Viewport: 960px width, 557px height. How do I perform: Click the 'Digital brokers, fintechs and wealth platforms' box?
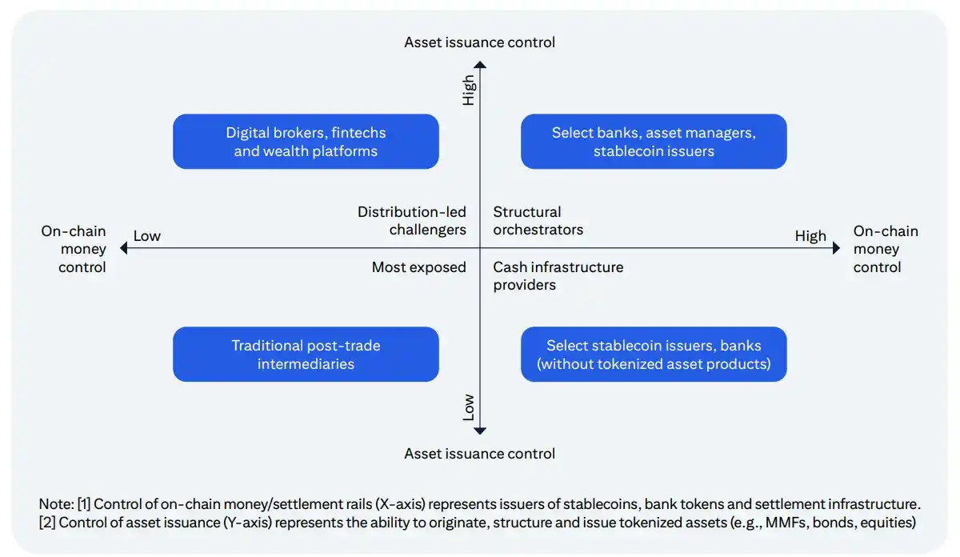click(x=306, y=142)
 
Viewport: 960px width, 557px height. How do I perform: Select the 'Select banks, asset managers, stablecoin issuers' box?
click(x=654, y=142)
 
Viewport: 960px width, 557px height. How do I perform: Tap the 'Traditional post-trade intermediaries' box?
click(x=306, y=355)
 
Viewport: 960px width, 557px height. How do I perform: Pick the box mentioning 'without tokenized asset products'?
click(x=654, y=355)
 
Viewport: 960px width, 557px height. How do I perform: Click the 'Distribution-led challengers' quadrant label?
click(x=412, y=221)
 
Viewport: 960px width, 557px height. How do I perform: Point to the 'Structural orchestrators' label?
click(x=538, y=221)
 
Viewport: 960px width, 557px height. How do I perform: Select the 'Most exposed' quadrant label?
click(x=418, y=267)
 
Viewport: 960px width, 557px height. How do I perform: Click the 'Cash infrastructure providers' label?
click(x=558, y=276)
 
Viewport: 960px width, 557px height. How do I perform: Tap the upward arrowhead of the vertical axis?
click(x=480, y=65)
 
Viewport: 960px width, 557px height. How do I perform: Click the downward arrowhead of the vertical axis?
click(x=480, y=431)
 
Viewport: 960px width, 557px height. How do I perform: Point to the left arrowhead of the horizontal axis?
click(x=124, y=248)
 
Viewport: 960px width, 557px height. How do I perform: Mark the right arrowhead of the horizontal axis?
click(x=836, y=248)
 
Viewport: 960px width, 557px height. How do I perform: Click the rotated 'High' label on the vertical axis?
click(x=469, y=90)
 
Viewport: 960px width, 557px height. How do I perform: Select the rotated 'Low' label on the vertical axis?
click(x=469, y=407)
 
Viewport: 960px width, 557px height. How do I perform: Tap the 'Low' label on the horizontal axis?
click(x=147, y=236)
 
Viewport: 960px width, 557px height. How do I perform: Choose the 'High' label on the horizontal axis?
click(x=810, y=236)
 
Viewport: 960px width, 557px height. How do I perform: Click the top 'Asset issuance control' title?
click(x=479, y=42)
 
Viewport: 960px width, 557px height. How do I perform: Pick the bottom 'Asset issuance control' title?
click(x=479, y=454)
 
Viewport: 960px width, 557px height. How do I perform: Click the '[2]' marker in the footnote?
click(x=47, y=523)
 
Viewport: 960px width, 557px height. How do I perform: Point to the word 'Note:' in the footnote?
click(x=57, y=504)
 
